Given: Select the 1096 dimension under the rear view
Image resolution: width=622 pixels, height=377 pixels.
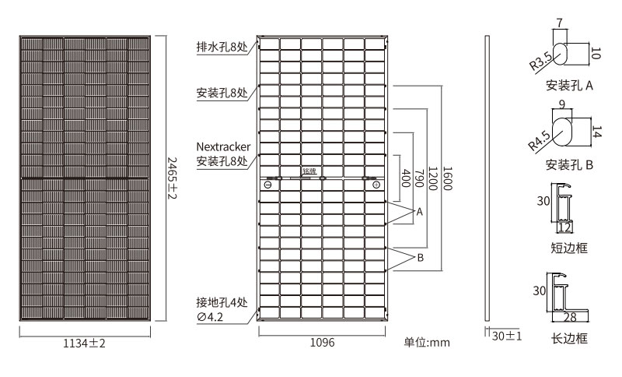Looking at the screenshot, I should point(322,343).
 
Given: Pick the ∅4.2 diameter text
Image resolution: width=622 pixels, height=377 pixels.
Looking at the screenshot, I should point(211,317).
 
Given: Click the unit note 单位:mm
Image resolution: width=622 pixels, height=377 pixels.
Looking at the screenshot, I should point(427,343).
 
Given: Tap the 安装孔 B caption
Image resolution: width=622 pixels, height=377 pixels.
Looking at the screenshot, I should point(570,165).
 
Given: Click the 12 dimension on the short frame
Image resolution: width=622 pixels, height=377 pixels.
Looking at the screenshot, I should point(564,227).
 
